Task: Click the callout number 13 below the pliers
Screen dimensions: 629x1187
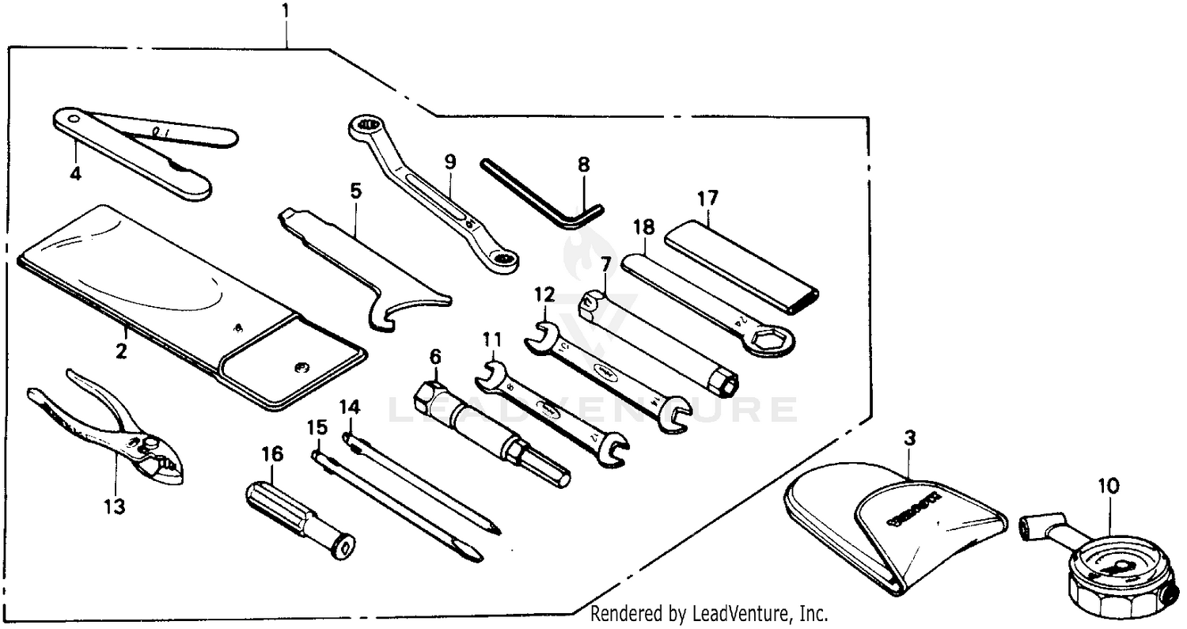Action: click(x=116, y=506)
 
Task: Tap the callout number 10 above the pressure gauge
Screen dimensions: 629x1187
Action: click(x=1109, y=486)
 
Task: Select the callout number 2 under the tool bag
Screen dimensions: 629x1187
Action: click(x=121, y=350)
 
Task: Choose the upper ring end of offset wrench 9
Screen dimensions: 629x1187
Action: click(x=366, y=125)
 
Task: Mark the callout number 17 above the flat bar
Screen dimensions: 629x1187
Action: click(x=706, y=197)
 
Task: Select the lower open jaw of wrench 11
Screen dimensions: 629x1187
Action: click(x=613, y=450)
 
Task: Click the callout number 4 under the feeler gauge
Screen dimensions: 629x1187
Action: click(x=76, y=172)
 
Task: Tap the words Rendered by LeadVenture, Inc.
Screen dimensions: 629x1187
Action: click(x=709, y=613)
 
